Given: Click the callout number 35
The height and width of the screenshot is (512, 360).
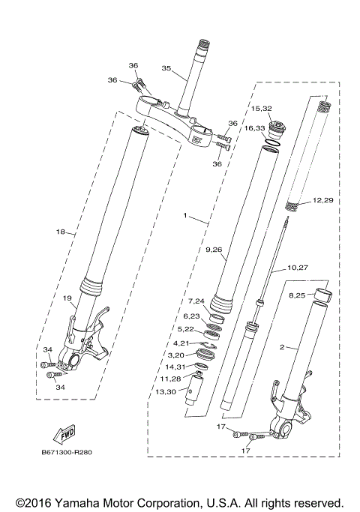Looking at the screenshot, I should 166,68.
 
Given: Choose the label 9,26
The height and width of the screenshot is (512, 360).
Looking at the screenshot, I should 214,249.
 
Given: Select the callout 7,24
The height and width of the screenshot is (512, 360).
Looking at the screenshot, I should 196,301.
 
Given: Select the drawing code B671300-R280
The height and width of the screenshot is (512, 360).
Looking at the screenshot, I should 72,453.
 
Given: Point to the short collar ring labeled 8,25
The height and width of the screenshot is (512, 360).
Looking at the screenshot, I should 322,295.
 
